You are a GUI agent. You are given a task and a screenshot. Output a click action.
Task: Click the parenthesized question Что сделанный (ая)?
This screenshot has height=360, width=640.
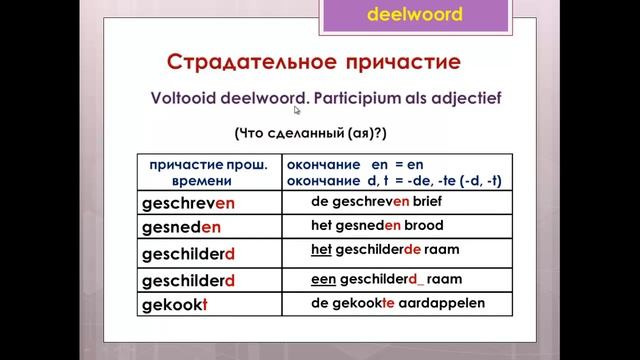click(324, 133)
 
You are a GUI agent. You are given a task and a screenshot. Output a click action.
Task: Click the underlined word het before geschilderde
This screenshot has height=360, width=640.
click(321, 249)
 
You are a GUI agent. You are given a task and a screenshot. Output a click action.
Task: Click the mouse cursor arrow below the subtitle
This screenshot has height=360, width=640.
click(297, 111)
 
